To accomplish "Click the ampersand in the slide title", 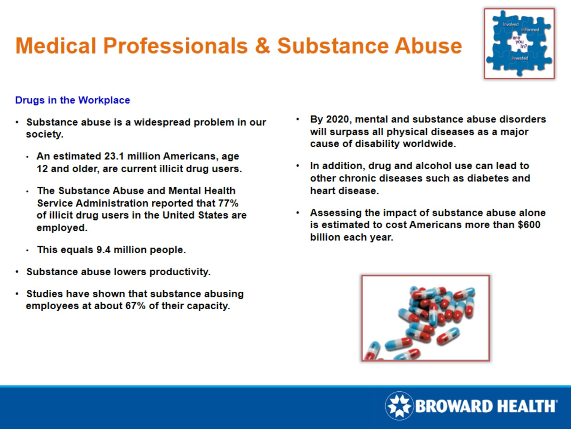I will [x=262, y=46].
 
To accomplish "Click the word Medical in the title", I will [x=56, y=46].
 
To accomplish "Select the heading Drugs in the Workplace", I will [x=72, y=100].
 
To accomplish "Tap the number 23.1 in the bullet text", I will [x=114, y=156].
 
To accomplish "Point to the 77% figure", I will [x=228, y=203].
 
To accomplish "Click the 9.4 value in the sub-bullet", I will [x=103, y=250].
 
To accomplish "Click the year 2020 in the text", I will [x=338, y=119].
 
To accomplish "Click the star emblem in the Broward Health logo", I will [x=399, y=406].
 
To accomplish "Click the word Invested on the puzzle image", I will [x=520, y=58].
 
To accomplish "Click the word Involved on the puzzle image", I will [x=510, y=24].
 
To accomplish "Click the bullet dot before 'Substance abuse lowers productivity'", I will [x=17, y=272].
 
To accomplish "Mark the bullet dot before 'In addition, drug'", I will [x=298, y=166].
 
